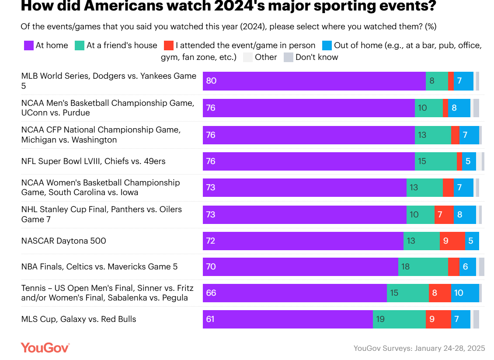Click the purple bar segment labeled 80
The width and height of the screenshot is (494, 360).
point(314,81)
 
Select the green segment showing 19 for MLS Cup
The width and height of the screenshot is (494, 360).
point(399,319)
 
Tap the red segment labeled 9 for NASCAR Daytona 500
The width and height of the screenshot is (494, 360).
point(452,241)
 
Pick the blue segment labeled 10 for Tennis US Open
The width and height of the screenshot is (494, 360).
point(465,293)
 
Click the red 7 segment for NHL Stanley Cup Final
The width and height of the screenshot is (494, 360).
point(444,214)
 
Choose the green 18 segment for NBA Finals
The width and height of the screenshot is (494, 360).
point(423,266)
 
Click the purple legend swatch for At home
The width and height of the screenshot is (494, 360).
point(28,45)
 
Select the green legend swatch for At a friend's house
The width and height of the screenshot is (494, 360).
point(80,45)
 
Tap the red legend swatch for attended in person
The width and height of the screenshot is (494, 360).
point(168,45)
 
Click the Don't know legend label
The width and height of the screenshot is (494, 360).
point(317,57)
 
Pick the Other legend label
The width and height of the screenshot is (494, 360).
point(266,57)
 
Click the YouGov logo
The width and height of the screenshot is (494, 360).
point(45,348)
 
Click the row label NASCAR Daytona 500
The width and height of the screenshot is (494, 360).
point(64,241)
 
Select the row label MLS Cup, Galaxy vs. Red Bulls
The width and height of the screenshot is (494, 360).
point(79,319)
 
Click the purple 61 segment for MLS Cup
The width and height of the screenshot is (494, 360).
point(288,319)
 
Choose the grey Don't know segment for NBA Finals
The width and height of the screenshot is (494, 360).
point(481,266)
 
